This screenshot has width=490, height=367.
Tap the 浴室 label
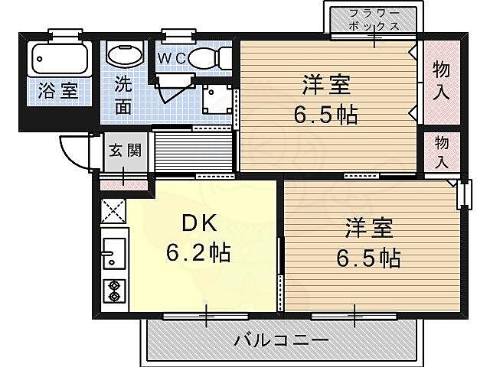[58, 90]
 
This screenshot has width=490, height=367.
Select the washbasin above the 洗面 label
[124, 55]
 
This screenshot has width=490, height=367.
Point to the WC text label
[171, 58]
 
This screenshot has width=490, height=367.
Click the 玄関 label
[123, 151]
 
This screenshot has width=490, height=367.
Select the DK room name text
[201, 222]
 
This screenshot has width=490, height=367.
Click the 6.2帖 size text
[201, 250]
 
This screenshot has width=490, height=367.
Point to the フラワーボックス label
[374, 19]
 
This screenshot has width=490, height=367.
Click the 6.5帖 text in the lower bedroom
[368, 258]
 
